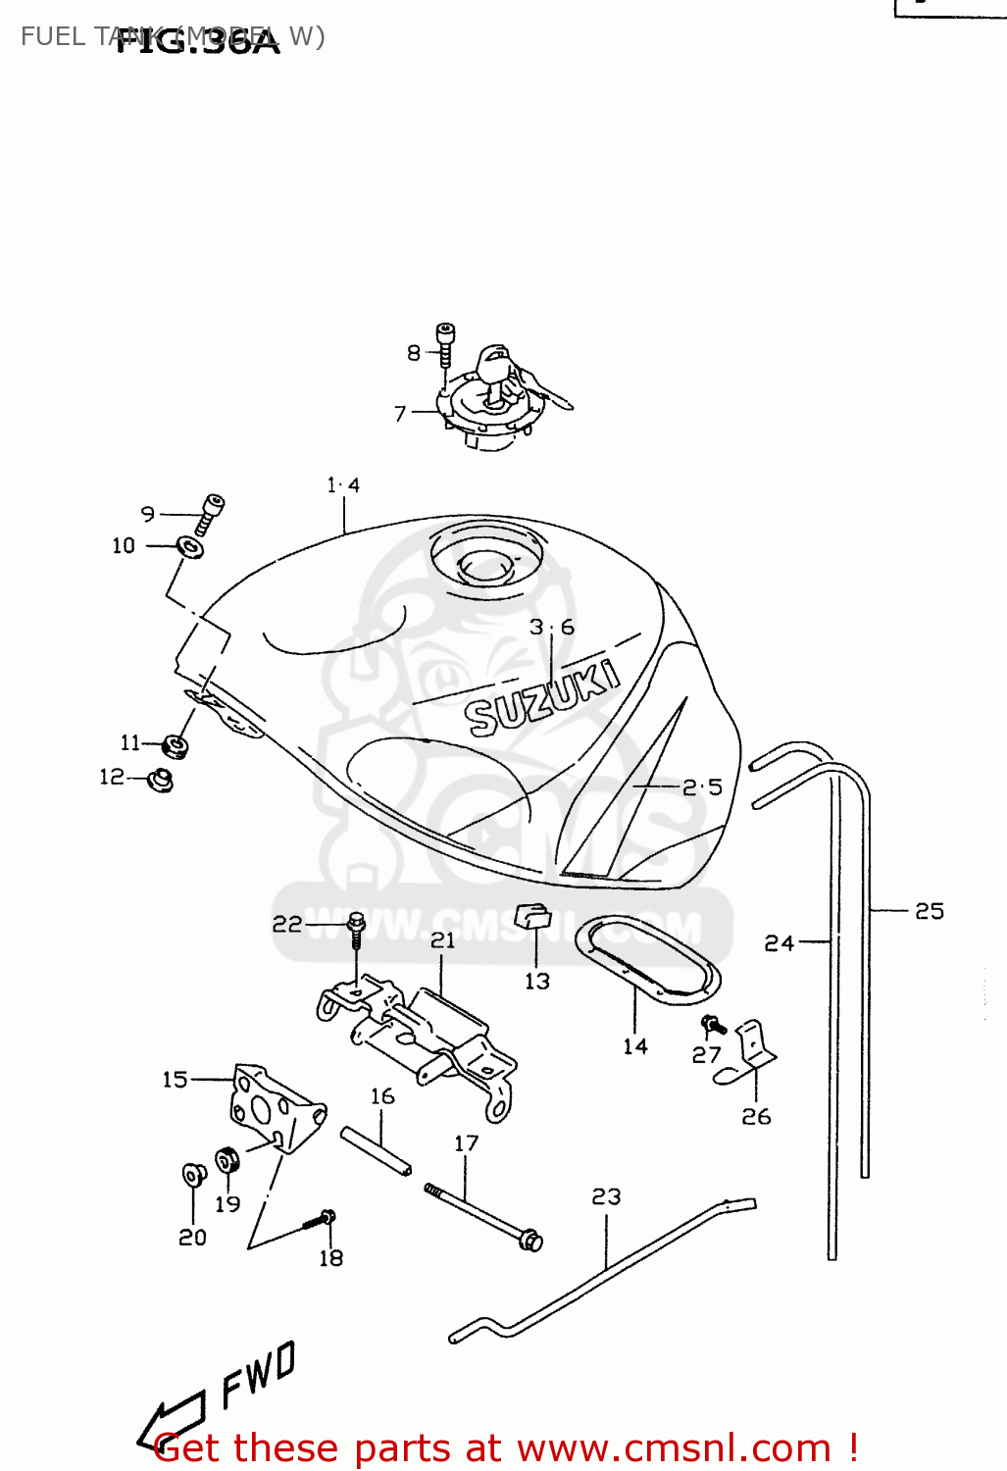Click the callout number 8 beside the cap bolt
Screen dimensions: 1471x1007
(414, 353)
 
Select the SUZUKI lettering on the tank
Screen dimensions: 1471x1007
(541, 698)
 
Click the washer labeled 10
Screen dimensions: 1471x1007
(190, 546)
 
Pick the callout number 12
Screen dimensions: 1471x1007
(112, 777)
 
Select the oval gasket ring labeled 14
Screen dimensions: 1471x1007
(647, 960)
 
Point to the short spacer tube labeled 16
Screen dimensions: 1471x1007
(376, 1151)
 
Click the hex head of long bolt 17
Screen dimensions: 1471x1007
(530, 1241)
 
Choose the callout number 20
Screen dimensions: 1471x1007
(192, 1238)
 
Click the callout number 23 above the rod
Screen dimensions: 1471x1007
(606, 1196)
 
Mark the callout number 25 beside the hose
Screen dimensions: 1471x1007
(929, 911)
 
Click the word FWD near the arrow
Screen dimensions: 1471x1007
(258, 1373)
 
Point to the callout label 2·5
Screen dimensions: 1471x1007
(702, 787)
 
